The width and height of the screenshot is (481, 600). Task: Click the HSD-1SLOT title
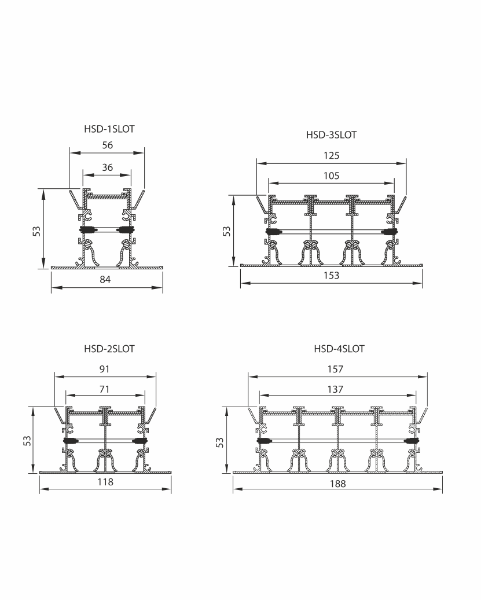point(109,129)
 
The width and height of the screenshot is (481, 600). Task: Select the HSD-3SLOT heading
point(331,135)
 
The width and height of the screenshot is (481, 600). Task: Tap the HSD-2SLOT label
point(109,349)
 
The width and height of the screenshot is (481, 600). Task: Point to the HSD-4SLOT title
point(339,349)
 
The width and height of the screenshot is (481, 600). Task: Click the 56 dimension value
point(108,145)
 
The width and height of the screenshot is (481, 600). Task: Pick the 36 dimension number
point(108,167)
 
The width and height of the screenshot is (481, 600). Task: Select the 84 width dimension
point(105,279)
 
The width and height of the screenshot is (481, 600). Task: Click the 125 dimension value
point(331,155)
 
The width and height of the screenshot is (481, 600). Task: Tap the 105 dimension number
point(331,175)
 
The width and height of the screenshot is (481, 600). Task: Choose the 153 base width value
point(331,276)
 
